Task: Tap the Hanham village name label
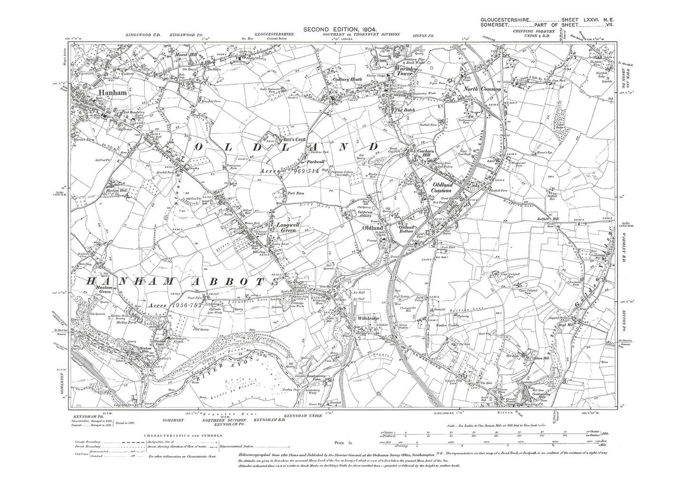[112, 93]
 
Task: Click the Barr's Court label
[280, 140]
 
